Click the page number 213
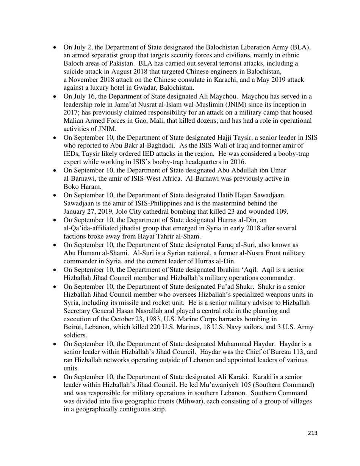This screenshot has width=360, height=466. tap(312, 433)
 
